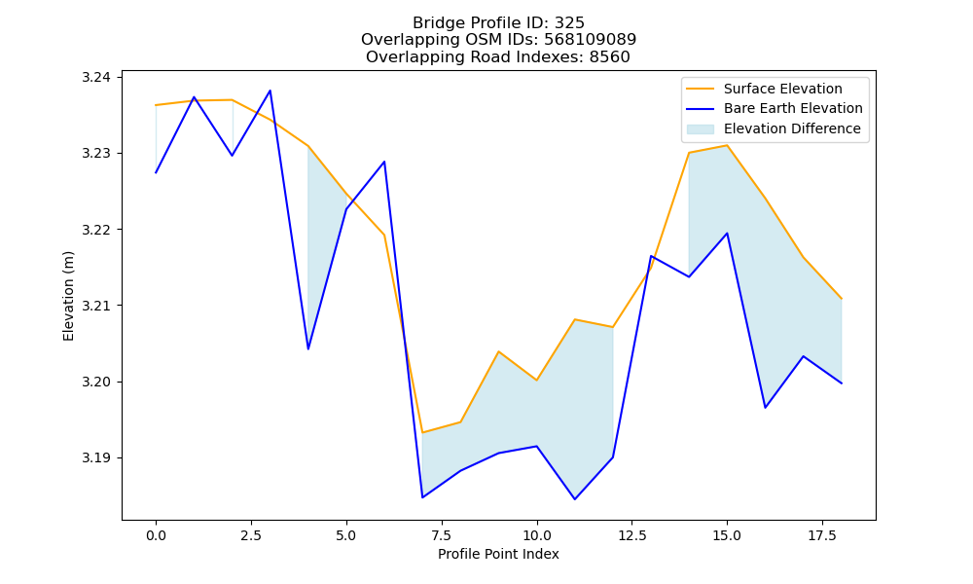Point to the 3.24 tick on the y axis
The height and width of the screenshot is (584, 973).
[95, 78]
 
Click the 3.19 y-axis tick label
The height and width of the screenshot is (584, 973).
[95, 458]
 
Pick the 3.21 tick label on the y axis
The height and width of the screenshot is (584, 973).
[95, 306]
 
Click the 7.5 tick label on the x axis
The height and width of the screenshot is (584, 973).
[441, 535]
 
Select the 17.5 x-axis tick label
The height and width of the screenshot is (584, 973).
[822, 535]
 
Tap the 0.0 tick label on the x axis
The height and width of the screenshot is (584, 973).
[156, 535]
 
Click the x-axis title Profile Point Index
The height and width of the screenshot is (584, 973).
[498, 554]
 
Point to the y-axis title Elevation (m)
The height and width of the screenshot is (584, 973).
[68, 296]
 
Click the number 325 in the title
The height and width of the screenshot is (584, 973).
[569, 23]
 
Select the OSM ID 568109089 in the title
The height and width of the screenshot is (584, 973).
[591, 40]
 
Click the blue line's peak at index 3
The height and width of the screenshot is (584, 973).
[270, 91]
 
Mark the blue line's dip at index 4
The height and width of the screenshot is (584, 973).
[308, 348]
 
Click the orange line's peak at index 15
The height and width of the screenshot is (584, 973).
[727, 145]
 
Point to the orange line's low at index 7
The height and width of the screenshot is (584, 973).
[422, 432]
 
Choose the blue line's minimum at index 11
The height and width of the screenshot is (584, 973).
[575, 499]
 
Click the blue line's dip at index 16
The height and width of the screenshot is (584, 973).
[765, 407]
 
